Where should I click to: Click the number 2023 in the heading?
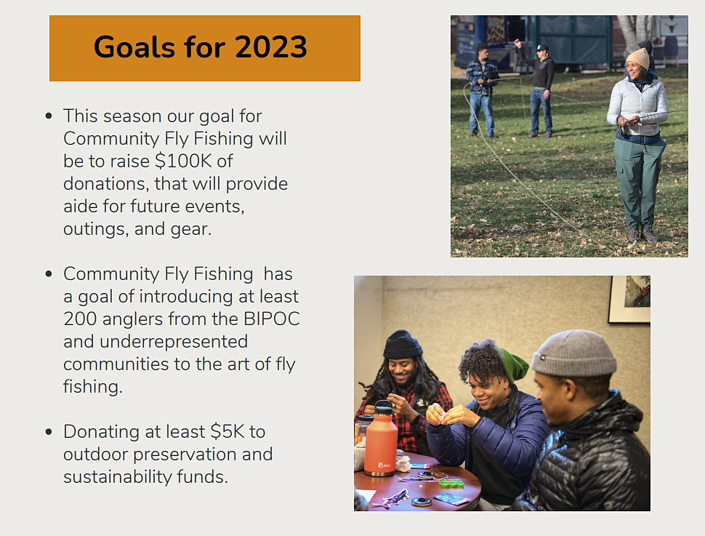tap(270, 47)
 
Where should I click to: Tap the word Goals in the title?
tap(134, 47)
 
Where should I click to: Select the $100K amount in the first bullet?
tap(183, 161)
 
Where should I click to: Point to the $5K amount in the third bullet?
tap(227, 431)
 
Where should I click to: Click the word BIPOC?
tap(272, 319)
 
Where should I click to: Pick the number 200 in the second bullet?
tap(80, 319)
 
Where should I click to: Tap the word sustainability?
tap(117, 477)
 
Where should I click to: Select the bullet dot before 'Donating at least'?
tap(49, 432)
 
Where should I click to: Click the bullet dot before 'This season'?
tap(49, 116)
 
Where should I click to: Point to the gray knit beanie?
tap(573, 353)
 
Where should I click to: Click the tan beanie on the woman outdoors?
tap(638, 58)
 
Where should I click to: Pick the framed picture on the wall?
tap(629, 300)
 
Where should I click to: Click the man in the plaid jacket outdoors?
tap(482, 90)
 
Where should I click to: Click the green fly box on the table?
tap(451, 484)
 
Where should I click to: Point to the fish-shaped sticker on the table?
tap(391, 499)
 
